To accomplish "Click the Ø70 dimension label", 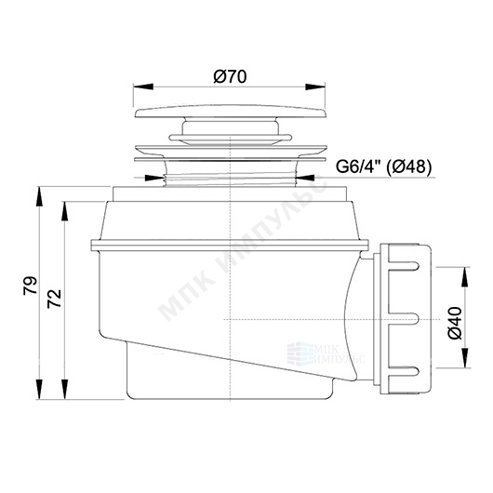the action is (x=230, y=76).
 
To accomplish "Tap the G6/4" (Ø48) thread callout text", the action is (x=383, y=167).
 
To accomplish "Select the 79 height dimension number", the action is (x=30, y=286).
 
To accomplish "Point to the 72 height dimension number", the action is (x=54, y=299).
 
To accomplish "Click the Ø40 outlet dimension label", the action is (x=455, y=323).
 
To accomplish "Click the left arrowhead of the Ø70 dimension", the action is (x=143, y=87).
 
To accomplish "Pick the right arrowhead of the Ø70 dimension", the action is (x=315, y=87).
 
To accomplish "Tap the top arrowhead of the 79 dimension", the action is (x=39, y=196).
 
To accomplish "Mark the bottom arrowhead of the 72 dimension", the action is (x=65, y=389).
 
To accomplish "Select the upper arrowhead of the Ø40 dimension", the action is (x=465, y=276).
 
